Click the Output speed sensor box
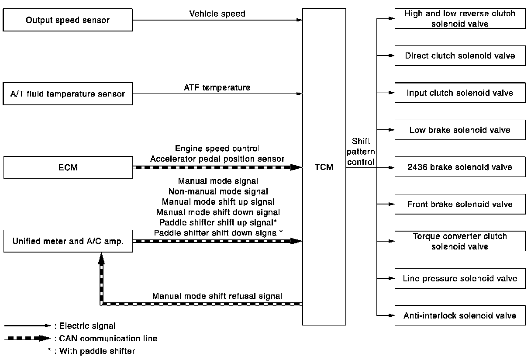[x=68, y=20]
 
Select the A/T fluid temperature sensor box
[x=68, y=93]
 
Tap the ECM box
[x=68, y=167]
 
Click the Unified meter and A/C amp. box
[x=68, y=241]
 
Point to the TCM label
[x=324, y=167]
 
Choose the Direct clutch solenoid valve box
[x=460, y=55]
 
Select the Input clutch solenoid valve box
[x=460, y=93]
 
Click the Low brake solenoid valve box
[x=460, y=130]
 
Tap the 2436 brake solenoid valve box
[x=460, y=167]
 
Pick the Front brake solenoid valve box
[x=460, y=204]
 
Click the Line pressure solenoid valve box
[x=460, y=278]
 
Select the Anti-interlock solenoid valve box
[x=460, y=315]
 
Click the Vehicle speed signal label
[x=217, y=14]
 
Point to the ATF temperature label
[x=217, y=87]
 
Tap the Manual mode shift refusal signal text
[x=217, y=296]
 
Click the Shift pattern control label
[x=361, y=152]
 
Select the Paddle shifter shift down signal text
[x=218, y=233]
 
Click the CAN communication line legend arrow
[x=28, y=338]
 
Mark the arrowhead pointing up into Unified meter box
[x=101, y=259]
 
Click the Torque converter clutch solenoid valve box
[x=460, y=241]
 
